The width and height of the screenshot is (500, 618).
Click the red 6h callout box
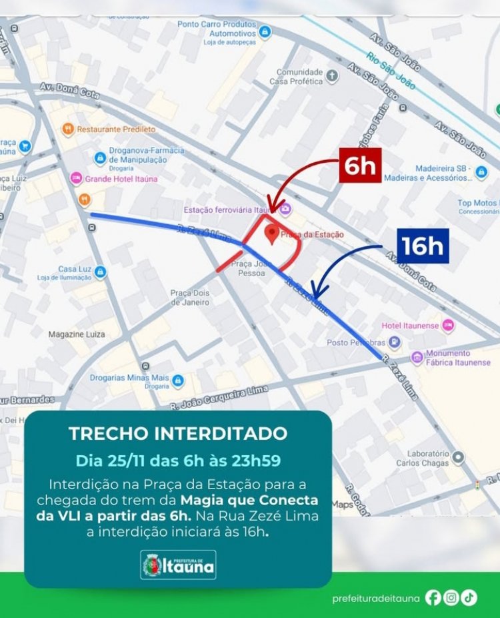[x=360, y=165]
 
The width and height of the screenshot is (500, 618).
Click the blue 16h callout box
[x=423, y=246]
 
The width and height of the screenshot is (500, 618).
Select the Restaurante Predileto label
[x=116, y=129]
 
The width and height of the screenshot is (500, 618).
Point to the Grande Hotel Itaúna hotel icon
[x=76, y=179]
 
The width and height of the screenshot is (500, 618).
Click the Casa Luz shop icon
[x=100, y=272]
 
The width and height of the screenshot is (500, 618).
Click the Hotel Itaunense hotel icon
[x=447, y=325]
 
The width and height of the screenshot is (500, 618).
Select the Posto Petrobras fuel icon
[x=395, y=342]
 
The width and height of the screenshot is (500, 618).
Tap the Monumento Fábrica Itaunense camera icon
[x=417, y=358]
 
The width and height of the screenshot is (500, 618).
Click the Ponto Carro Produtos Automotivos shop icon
[x=265, y=32]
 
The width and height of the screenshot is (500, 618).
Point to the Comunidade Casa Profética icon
[x=332, y=76]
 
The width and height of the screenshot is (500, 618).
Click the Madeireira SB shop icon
[x=481, y=173]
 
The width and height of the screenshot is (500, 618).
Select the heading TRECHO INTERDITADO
[x=178, y=434]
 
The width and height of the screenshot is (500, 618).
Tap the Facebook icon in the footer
[x=433, y=598]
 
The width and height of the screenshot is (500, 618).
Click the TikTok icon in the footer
[x=469, y=598]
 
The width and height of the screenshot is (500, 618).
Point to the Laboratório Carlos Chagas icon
[x=458, y=458]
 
